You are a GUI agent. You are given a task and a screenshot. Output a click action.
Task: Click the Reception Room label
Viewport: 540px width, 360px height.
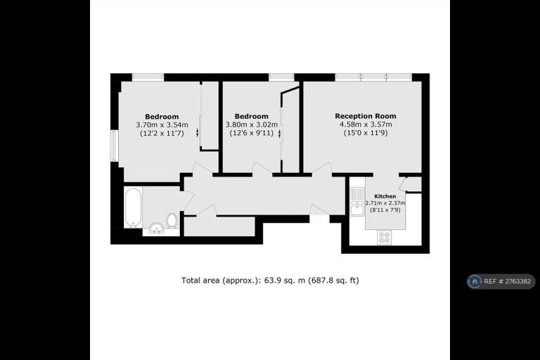(366, 116)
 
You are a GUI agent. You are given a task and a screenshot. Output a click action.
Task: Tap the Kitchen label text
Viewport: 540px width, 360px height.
(385, 196)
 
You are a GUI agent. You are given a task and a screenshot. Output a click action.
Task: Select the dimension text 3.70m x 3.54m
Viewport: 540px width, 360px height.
(162, 124)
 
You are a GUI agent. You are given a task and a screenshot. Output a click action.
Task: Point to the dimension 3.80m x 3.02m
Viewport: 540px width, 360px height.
(252, 124)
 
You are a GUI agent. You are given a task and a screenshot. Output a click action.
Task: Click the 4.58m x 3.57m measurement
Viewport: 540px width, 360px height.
(366, 124)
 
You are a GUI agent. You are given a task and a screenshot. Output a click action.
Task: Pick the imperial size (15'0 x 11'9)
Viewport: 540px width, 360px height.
(366, 133)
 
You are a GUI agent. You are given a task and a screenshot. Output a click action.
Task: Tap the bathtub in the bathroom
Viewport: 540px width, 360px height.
(133, 207)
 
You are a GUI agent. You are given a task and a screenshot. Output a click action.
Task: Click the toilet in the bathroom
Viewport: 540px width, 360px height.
(172, 221)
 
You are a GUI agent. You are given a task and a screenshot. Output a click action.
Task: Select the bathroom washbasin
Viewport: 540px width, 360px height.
(157, 228)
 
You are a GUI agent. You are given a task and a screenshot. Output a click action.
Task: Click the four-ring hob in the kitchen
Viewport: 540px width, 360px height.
(385, 238)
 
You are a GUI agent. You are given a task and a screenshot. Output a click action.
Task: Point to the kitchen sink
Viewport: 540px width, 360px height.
(356, 202)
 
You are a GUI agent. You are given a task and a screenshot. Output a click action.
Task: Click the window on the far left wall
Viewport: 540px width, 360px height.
(115, 146)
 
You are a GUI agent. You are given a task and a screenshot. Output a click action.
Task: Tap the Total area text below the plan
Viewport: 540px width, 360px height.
(270, 281)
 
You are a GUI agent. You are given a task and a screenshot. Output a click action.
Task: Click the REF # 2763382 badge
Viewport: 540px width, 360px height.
(501, 281)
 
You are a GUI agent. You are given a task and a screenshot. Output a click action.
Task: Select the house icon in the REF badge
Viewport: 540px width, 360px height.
(475, 281)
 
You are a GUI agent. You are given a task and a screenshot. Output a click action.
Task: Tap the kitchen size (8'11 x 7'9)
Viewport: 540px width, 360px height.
(385, 210)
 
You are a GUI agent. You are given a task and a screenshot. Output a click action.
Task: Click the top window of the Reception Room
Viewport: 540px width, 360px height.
(373, 77)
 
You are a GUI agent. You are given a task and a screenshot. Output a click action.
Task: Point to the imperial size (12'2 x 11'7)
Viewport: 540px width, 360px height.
(162, 133)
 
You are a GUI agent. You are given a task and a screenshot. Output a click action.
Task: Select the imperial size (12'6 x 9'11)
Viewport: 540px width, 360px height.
(252, 133)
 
